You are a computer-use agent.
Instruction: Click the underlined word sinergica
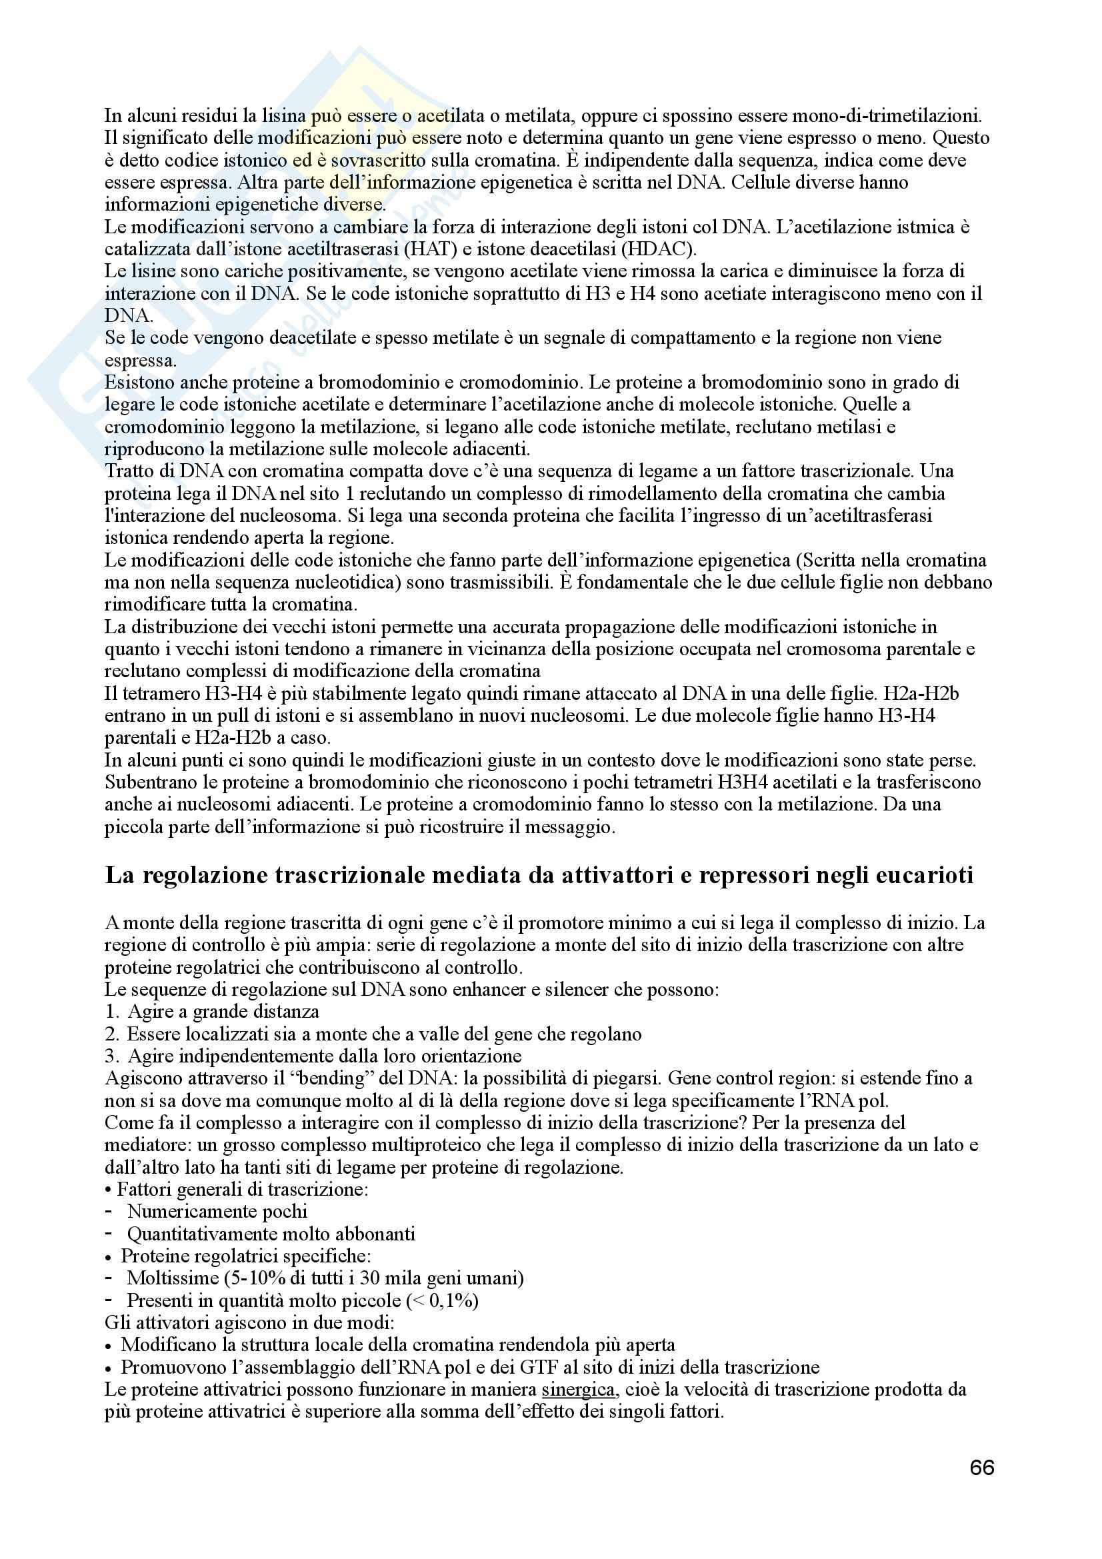579,1389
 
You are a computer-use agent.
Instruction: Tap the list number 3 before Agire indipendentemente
112,1056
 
